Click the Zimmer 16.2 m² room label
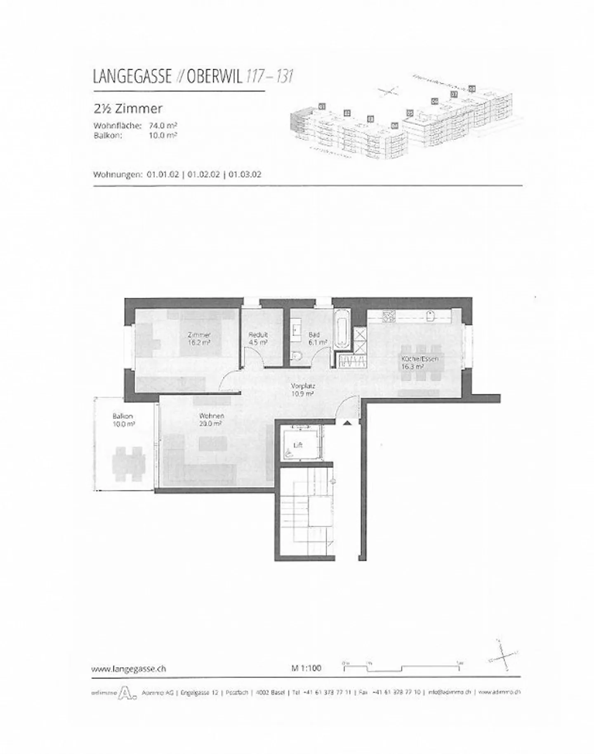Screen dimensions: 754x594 [x=199, y=339]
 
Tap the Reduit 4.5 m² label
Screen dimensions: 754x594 [x=258, y=339]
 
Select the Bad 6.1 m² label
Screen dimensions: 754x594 [x=317, y=339]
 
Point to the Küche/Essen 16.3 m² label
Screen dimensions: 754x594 [x=420, y=362]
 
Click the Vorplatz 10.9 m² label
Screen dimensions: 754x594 [x=303, y=390]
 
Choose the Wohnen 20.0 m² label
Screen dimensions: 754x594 [x=211, y=420]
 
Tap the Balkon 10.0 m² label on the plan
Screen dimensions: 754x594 [x=123, y=420]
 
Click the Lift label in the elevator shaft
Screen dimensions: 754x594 [x=298, y=445]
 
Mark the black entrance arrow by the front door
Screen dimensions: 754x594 [x=347, y=422]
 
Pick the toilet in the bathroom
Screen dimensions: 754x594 [x=296, y=356]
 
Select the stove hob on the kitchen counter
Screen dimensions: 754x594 [x=389, y=317]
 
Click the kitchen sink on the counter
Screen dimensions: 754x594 [x=431, y=316]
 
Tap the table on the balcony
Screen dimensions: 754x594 [x=128, y=464]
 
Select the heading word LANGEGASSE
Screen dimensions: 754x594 [x=132, y=77]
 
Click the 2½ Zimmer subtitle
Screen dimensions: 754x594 [x=128, y=109]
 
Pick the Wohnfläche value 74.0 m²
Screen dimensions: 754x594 [x=163, y=126]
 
